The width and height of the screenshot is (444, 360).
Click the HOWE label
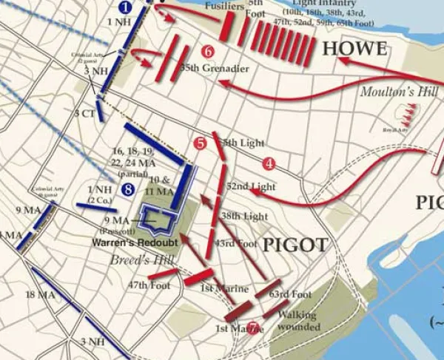click(x=354, y=50)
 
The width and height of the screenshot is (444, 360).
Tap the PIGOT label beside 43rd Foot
click(x=295, y=243)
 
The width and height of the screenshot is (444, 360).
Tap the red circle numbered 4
click(x=269, y=163)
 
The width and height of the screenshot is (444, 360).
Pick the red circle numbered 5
click(x=198, y=143)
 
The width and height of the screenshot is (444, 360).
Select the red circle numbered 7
click(x=253, y=328)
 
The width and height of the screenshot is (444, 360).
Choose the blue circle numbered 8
click(x=129, y=190)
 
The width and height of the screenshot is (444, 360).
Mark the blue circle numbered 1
click(x=125, y=7)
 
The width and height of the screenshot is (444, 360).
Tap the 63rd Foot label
click(x=290, y=294)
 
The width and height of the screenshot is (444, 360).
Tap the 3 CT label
click(x=84, y=113)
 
